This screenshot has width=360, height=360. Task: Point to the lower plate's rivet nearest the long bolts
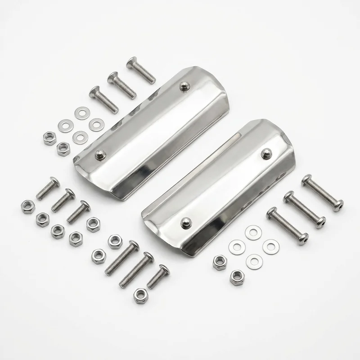[x=265, y=154]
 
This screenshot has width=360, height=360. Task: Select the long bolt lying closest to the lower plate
[x=287, y=225]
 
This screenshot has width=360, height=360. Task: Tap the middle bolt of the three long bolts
[x=304, y=209]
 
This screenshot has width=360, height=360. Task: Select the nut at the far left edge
[x=28, y=207]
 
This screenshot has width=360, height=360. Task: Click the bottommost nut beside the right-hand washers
[x=236, y=276]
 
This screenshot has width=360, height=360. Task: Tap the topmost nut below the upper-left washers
[x=50, y=139]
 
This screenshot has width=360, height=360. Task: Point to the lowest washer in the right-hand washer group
[x=254, y=261]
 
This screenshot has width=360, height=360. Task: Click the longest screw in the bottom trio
[x=122, y=258]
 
